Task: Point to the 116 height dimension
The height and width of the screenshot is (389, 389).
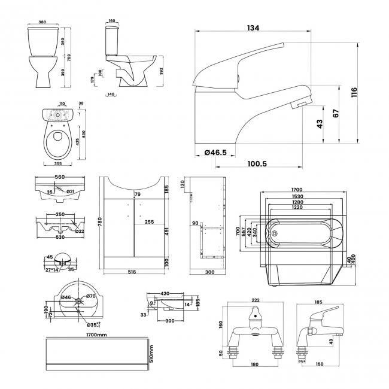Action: tap(355, 92)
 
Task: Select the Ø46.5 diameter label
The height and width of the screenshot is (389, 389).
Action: tap(215, 153)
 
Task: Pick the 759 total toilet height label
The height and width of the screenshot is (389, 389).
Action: tap(77, 59)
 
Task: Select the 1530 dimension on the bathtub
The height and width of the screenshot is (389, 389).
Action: tap(297, 196)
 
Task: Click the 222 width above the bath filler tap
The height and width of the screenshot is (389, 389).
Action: tap(256, 299)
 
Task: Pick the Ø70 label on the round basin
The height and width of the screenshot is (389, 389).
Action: tap(91, 296)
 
